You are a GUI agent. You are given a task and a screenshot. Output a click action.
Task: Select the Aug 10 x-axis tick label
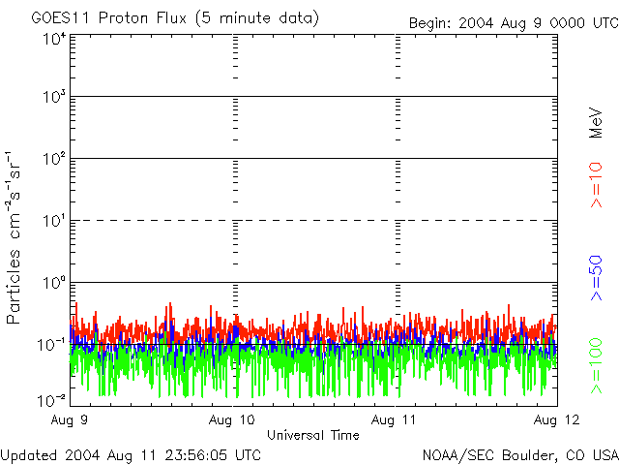coord(233,420)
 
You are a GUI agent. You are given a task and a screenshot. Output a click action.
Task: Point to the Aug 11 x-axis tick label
coord(396,420)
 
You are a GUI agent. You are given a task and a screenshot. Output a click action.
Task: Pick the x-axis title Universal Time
coord(313,435)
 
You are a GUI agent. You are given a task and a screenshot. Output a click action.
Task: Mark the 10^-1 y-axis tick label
coord(52,343)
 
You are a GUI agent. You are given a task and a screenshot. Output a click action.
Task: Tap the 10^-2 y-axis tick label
coord(52,399)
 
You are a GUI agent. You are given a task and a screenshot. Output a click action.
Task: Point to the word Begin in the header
coord(429,22)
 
